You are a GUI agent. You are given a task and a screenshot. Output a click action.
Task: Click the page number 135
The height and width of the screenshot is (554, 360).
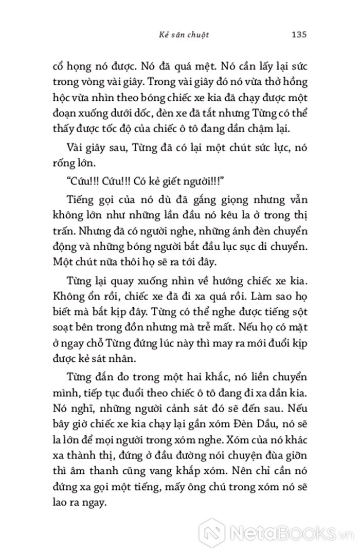299,35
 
